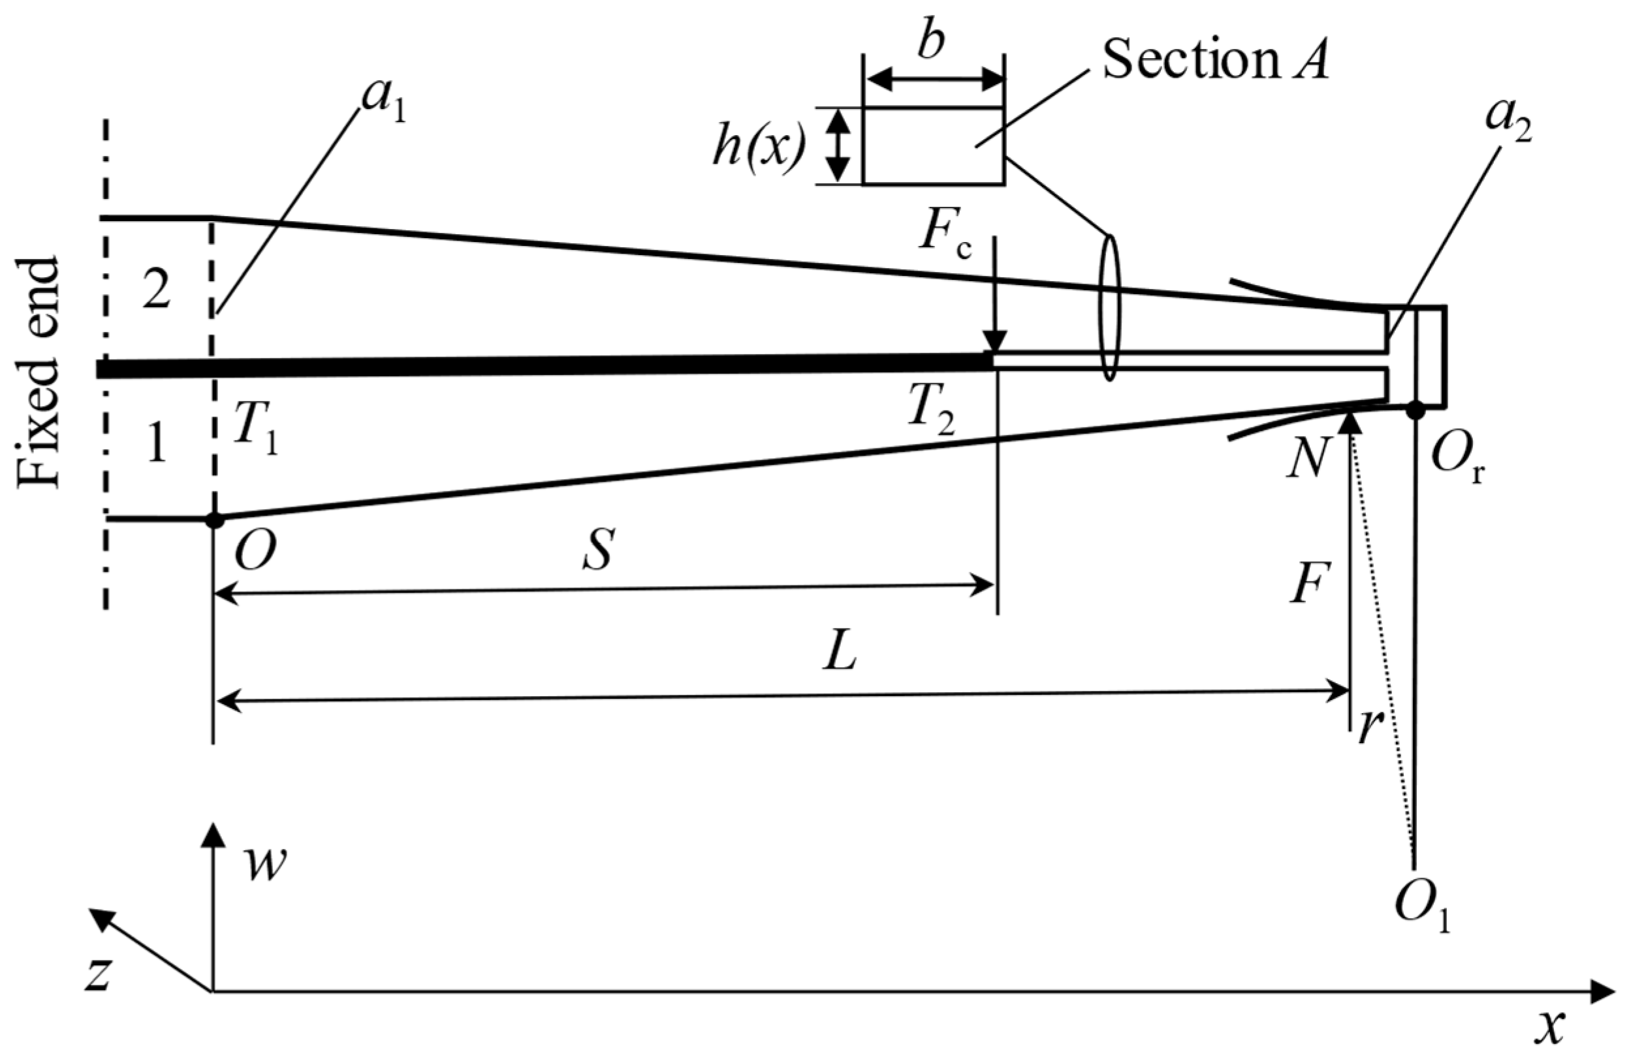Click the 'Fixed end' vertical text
click(39, 373)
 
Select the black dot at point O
click(215, 520)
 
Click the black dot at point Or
click(1415, 410)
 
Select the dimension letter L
click(840, 656)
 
